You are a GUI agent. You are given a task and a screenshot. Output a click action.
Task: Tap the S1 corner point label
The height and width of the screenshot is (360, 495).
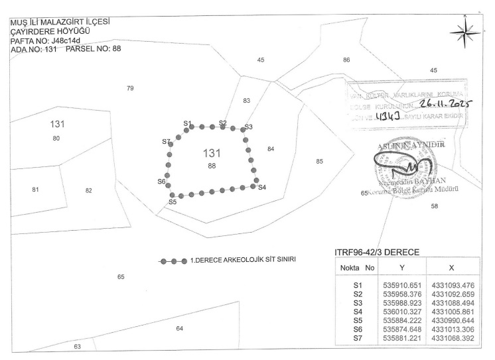188,124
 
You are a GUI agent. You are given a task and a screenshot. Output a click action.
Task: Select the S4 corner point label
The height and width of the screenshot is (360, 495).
262,188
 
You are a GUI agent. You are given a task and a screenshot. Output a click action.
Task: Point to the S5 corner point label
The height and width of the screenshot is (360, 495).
173,202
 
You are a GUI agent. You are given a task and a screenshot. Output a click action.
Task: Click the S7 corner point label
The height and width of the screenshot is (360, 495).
166,142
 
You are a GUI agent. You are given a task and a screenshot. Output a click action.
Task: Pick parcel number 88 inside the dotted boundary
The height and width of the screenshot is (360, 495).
212,164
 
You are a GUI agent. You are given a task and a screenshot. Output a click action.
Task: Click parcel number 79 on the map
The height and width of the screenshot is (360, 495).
130,88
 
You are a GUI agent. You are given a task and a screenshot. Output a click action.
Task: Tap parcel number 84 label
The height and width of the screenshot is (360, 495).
271,149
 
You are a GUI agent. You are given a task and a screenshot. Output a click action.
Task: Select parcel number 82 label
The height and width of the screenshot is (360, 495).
88,191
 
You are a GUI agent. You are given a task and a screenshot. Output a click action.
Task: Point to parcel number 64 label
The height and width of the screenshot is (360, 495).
179,328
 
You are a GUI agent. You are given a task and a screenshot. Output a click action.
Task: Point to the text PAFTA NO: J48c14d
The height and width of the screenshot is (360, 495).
48,40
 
